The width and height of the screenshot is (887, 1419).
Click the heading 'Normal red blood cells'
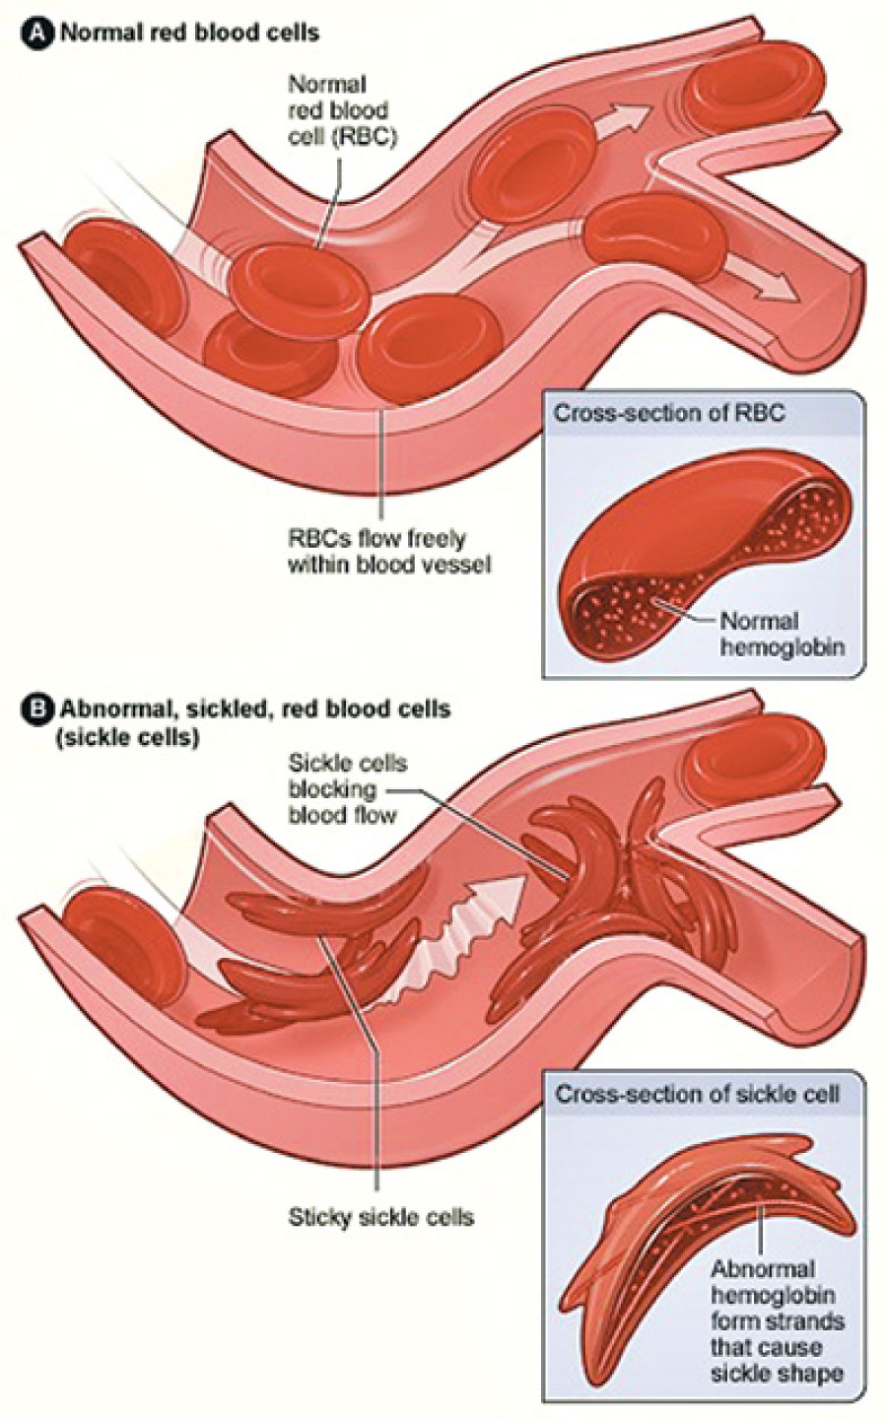[190, 32]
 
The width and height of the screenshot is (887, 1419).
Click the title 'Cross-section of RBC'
[669, 413]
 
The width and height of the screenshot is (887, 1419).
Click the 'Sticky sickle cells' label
[380, 1217]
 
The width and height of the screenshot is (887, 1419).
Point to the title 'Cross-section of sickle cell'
[698, 1094]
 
